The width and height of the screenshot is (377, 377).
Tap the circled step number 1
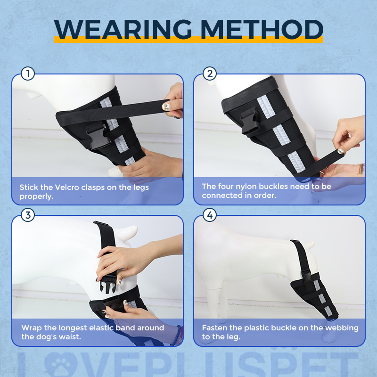[28, 74]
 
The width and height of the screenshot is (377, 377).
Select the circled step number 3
[28, 215]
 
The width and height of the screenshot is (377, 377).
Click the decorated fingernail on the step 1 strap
[166, 107]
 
